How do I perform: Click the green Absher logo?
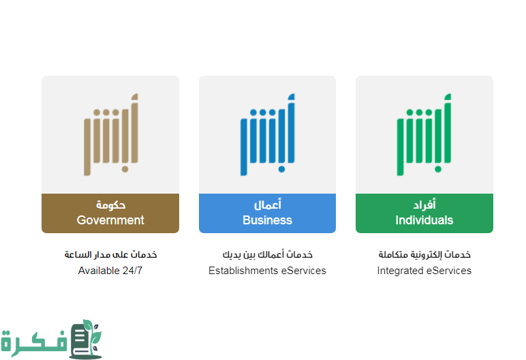click(424, 134)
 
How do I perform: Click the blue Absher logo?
click(267, 134)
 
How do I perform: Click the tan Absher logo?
click(110, 134)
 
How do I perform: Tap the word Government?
click(110, 220)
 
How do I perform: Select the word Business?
click(267, 220)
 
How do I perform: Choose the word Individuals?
click(424, 220)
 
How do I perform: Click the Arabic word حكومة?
click(110, 205)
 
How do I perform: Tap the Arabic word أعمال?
click(267, 205)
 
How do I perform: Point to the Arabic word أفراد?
click(424, 205)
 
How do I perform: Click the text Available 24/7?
click(110, 271)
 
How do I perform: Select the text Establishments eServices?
click(267, 271)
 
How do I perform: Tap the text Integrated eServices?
click(424, 271)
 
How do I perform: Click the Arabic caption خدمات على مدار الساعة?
click(110, 254)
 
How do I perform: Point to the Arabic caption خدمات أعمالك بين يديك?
click(267, 254)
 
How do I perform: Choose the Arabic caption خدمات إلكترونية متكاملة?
click(424, 254)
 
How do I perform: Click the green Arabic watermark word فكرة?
click(34, 342)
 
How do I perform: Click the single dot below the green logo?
click(438, 168)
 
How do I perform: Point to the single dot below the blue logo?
click(281, 168)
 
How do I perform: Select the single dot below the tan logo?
click(125, 168)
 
